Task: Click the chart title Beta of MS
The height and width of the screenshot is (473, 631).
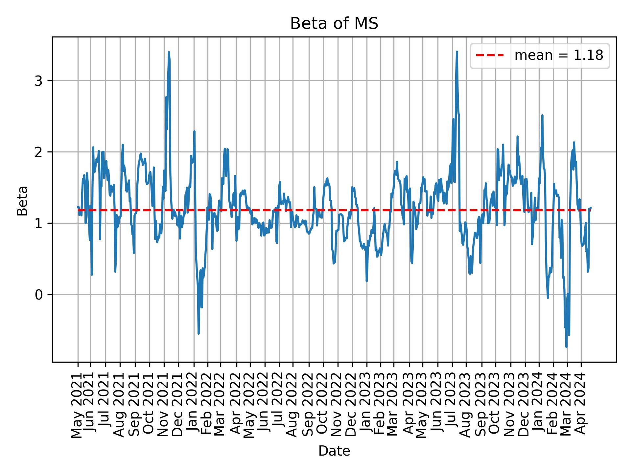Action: point(334,24)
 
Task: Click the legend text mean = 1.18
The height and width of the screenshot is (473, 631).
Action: point(558,56)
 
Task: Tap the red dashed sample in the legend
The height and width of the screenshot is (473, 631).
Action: point(490,56)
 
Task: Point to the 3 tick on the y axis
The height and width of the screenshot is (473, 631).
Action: point(39,81)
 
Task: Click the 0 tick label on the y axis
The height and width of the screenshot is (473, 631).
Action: point(39,295)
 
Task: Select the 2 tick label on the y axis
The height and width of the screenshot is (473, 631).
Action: point(39,152)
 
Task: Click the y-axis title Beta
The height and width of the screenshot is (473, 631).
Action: point(22,201)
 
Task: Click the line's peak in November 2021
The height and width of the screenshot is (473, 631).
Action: point(169,52)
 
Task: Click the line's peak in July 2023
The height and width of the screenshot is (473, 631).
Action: point(457,52)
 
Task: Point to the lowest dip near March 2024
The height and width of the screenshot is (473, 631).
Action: point(566,347)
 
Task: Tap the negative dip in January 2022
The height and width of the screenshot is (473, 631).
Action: point(199,334)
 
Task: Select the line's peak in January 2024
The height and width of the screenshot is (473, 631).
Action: point(542,115)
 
